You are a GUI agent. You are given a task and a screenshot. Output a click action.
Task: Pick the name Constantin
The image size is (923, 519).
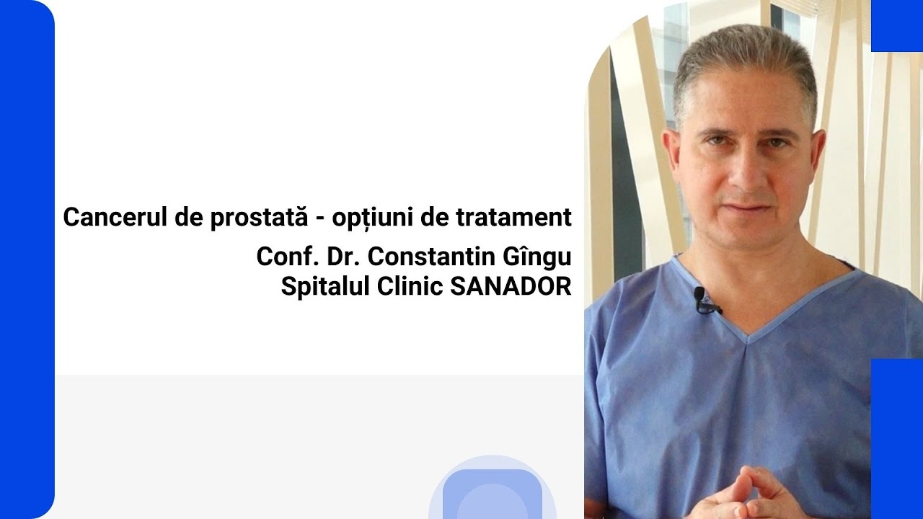426,257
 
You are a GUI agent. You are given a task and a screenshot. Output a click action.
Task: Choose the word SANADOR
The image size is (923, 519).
511,286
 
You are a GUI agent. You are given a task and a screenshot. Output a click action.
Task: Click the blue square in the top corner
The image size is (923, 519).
896,25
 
